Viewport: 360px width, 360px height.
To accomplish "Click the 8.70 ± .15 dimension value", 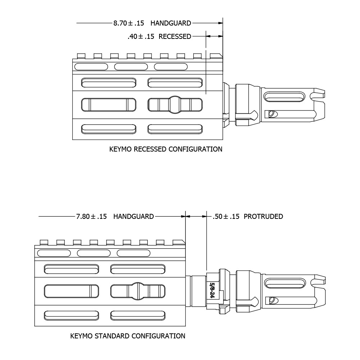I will tap(129, 23).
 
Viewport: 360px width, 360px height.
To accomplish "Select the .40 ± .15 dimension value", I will tap(141, 37).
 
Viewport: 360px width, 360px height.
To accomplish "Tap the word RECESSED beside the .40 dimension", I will tap(175, 37).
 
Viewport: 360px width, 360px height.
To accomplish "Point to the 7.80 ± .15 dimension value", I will tap(91, 217).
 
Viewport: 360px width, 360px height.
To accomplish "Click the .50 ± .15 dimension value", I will tap(226, 217).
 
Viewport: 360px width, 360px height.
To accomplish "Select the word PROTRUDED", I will tap(263, 217).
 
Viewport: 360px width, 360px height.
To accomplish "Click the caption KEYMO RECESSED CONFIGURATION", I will tap(166, 149).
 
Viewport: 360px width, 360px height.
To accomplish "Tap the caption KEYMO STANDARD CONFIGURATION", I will tap(128, 336).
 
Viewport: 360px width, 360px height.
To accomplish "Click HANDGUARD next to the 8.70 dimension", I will tap(171, 23).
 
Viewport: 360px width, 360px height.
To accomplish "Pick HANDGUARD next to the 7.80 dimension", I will tap(134, 217).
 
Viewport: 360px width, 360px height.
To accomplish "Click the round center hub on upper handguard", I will tap(175, 104).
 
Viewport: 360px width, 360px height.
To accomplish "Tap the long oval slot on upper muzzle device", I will tap(283, 97).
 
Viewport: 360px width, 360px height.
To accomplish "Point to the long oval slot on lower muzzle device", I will tap(283, 283).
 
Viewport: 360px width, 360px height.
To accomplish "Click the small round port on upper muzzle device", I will tap(272, 114).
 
